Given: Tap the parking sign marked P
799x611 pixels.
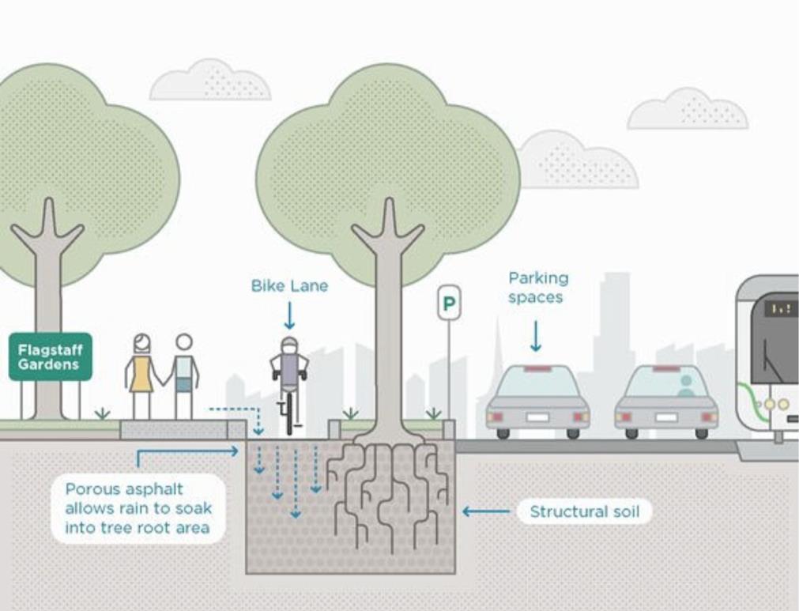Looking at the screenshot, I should (x=449, y=303).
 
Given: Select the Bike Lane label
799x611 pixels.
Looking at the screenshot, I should (x=289, y=285).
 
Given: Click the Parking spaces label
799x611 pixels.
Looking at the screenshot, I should (x=538, y=288).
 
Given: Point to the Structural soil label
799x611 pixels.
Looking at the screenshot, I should (x=584, y=511).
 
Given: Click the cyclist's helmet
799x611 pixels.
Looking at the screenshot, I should (x=290, y=345).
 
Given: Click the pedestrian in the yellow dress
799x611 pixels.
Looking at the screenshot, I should (x=142, y=375).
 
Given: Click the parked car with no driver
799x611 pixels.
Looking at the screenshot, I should (x=537, y=402).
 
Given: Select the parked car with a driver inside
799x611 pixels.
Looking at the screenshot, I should (x=666, y=402).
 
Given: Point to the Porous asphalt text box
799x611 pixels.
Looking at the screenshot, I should (x=138, y=508).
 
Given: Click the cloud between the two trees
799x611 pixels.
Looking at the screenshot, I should (x=210, y=81).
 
